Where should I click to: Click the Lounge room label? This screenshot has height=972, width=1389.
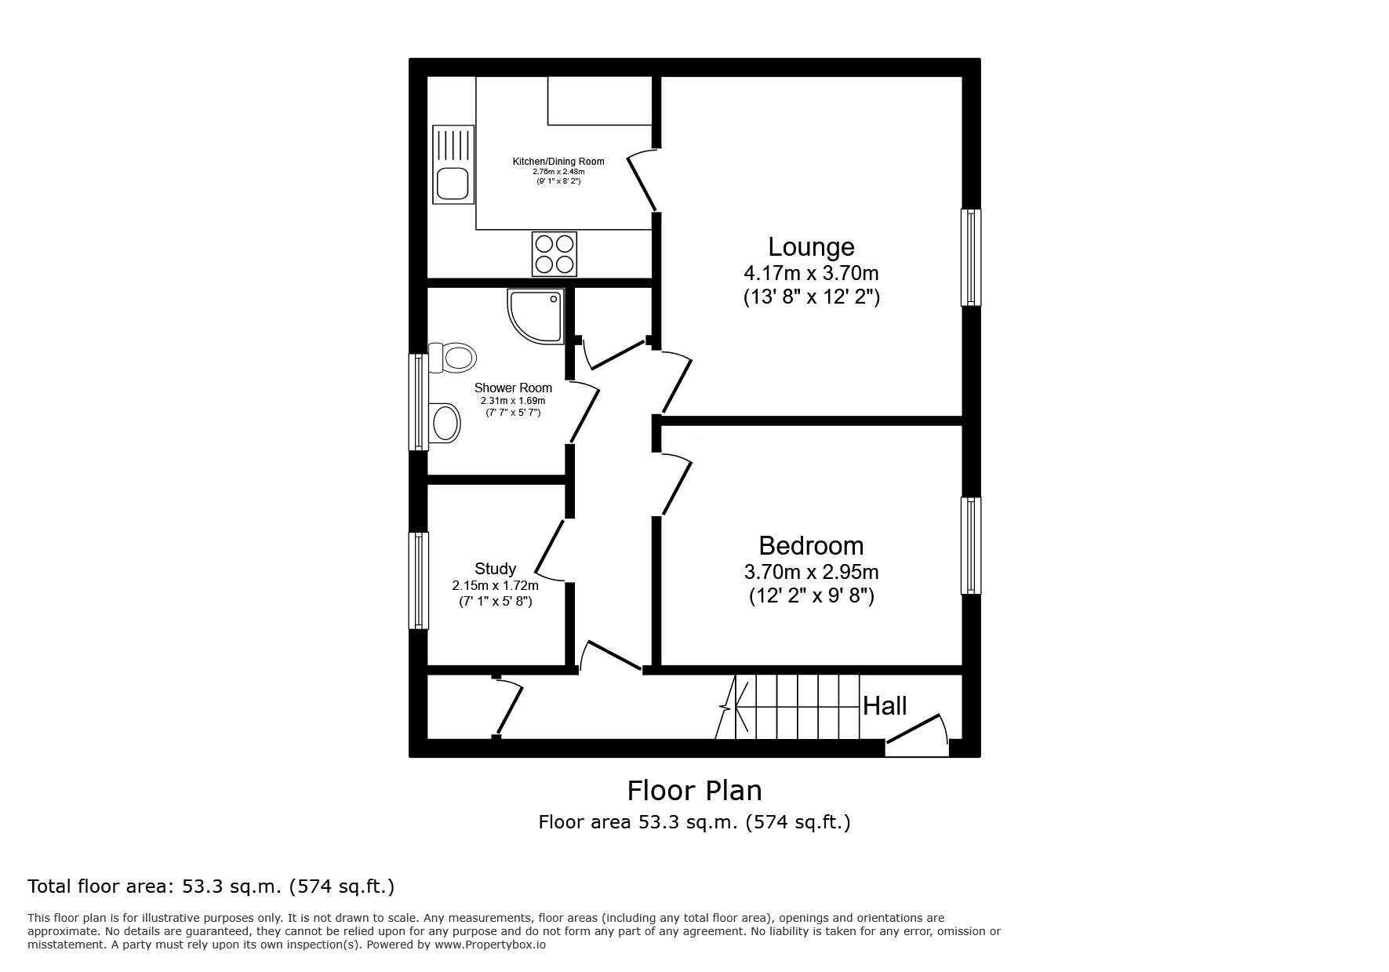click(811, 247)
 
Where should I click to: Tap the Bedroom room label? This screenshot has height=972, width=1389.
click(811, 546)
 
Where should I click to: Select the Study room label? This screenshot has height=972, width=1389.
click(495, 569)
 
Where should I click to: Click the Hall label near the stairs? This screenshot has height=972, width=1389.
click(885, 706)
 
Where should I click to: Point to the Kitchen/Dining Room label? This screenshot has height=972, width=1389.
click(558, 162)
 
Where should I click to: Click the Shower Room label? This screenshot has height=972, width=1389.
click(513, 388)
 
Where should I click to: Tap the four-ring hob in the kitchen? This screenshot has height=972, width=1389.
click(555, 253)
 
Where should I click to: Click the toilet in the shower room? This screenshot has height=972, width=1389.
click(453, 359)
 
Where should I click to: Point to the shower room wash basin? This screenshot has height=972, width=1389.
click(445, 423)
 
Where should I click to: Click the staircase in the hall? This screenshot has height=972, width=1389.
click(798, 706)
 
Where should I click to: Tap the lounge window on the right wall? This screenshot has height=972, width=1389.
click(971, 257)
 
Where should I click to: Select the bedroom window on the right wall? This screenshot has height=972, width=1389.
click(971, 545)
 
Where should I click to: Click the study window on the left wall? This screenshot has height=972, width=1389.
click(419, 581)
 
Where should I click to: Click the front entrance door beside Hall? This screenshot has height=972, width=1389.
click(916, 734)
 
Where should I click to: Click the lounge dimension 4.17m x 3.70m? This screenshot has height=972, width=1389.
click(811, 274)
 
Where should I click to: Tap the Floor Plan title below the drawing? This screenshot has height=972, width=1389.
click(694, 790)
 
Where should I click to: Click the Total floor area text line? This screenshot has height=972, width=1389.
click(211, 886)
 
